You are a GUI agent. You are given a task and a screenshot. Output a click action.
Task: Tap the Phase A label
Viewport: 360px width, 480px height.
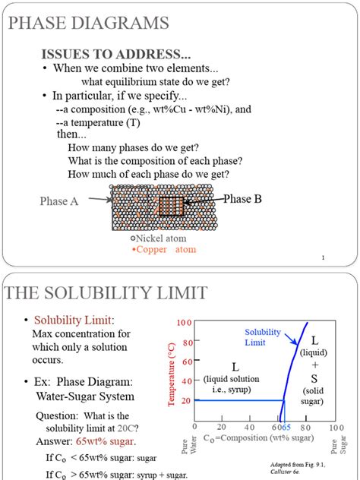point(59,201)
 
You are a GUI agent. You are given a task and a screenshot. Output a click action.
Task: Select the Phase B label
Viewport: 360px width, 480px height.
point(242,199)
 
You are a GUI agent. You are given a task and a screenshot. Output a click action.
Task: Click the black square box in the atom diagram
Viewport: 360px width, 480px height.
point(172,207)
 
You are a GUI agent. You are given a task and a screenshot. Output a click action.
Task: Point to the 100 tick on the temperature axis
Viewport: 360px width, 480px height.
point(185,323)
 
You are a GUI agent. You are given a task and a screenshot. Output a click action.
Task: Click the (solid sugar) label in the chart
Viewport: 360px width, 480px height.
point(314,396)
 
